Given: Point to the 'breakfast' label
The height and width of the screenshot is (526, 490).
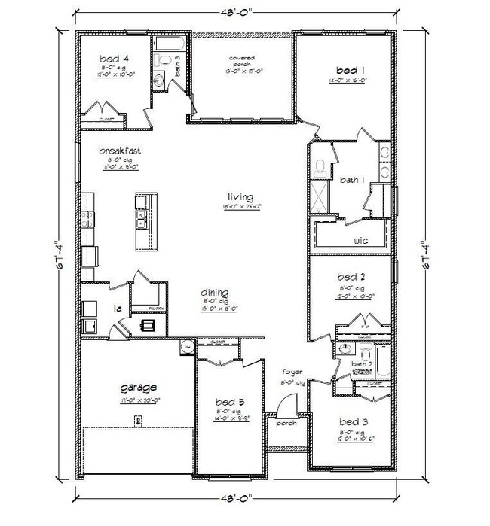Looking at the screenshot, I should [120, 151].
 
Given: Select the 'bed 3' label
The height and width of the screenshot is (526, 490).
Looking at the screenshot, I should [352, 421].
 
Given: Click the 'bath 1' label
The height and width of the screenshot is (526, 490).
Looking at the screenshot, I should [352, 180].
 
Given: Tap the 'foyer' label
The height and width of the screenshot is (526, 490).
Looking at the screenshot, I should [292, 372].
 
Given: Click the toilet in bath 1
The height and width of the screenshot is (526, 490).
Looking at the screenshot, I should [320, 167].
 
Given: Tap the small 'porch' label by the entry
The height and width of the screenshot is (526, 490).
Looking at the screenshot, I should [286, 423].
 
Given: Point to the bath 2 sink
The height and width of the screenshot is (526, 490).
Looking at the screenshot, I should [346, 351].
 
